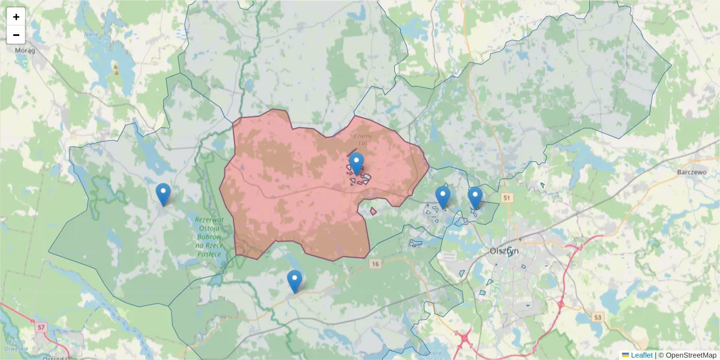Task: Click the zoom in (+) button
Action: coord(16,17)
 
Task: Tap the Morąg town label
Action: coord(25,50)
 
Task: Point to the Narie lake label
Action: coord(91,34)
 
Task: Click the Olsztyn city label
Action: coord(504,251)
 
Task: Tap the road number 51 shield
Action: coord(508,197)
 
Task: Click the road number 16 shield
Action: coord(376,263)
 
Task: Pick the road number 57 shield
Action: coord(40,328)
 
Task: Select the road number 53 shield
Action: coord(598,316)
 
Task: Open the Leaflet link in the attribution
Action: coord(641,355)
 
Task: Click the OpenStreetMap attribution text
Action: coord(687,355)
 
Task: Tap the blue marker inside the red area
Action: coord(356,163)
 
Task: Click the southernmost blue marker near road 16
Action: coord(294,281)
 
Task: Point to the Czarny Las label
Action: coord(364,140)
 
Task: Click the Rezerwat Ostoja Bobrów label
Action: coord(209,237)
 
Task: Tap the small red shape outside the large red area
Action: coord(373,211)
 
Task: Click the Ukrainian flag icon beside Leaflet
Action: coord(625,355)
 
